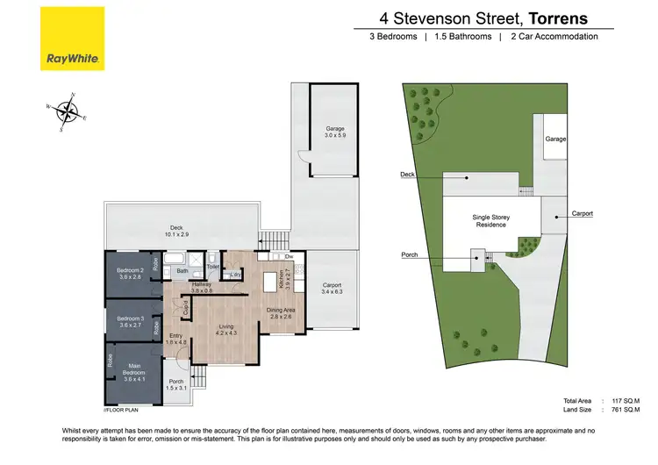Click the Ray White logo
coord(73,39)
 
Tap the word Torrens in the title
coord(554,17)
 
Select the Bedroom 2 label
coord(130,273)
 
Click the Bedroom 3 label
coord(130,321)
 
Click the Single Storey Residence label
coord(491,220)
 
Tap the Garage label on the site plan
coord(554,139)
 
